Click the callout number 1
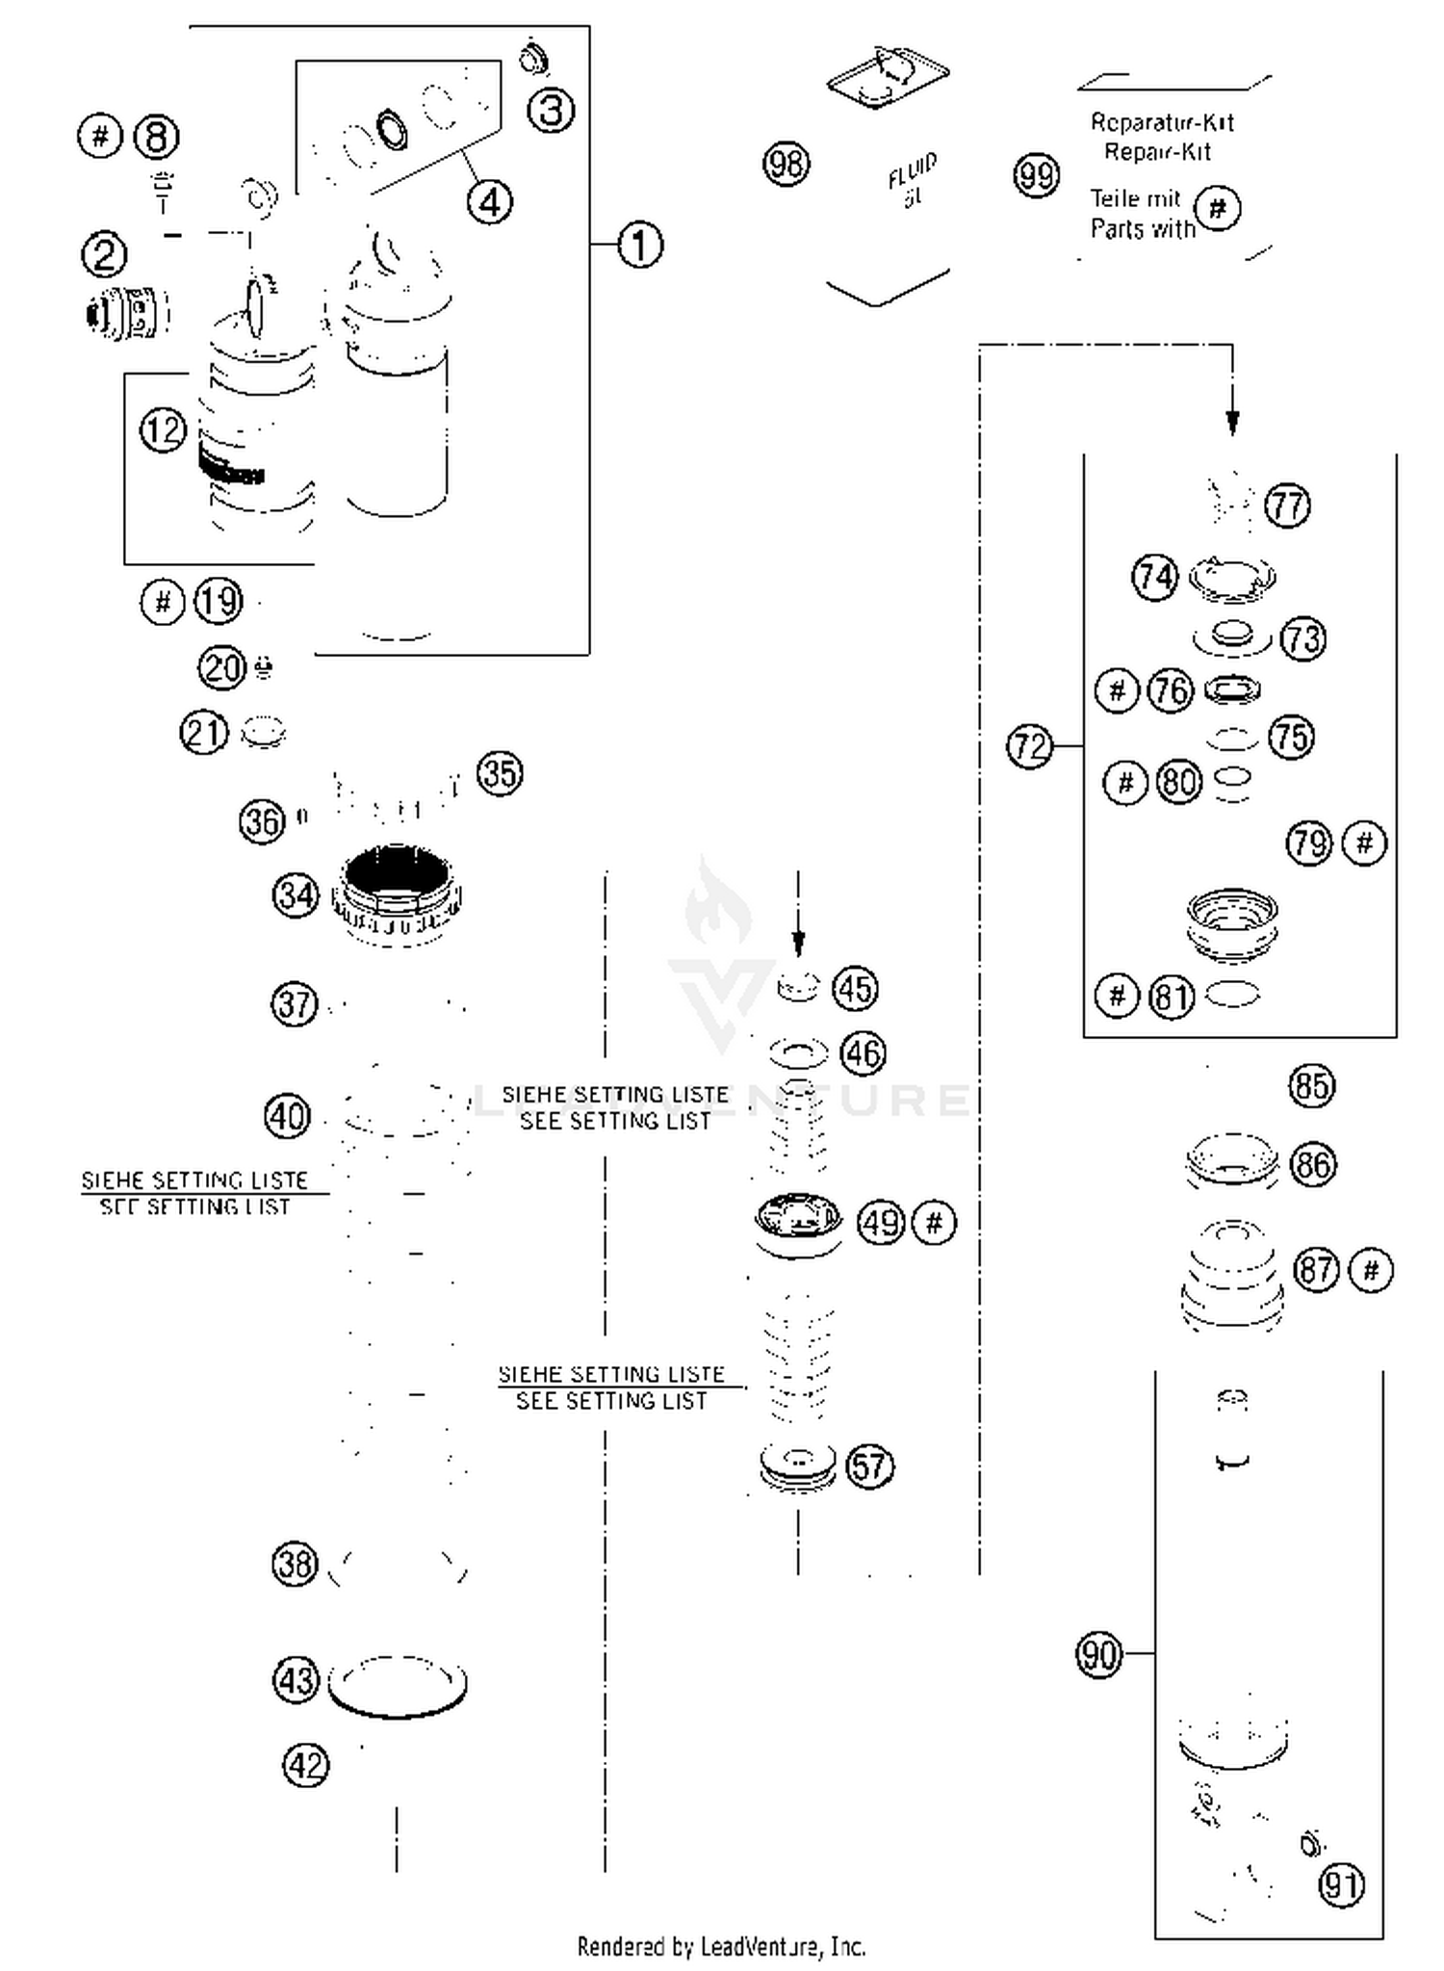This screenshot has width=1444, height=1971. click(640, 245)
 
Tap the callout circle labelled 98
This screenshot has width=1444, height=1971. click(786, 164)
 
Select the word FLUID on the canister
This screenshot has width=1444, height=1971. click(911, 170)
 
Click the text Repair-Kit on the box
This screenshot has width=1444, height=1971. click(1156, 152)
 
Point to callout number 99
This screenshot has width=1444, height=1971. click(1037, 176)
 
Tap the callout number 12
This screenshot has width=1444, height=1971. click(163, 429)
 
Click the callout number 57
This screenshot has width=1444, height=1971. click(869, 1465)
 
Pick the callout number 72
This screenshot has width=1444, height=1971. click(1029, 745)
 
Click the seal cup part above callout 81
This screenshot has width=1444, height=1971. click(1232, 922)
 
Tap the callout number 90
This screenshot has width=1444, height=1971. click(1098, 1654)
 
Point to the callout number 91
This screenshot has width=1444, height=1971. click(1342, 1884)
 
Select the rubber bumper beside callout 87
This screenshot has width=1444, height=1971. click(1232, 1277)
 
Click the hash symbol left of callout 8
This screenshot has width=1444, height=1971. click(100, 136)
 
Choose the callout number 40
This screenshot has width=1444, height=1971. click(287, 1117)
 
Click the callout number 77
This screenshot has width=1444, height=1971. click(1288, 506)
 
